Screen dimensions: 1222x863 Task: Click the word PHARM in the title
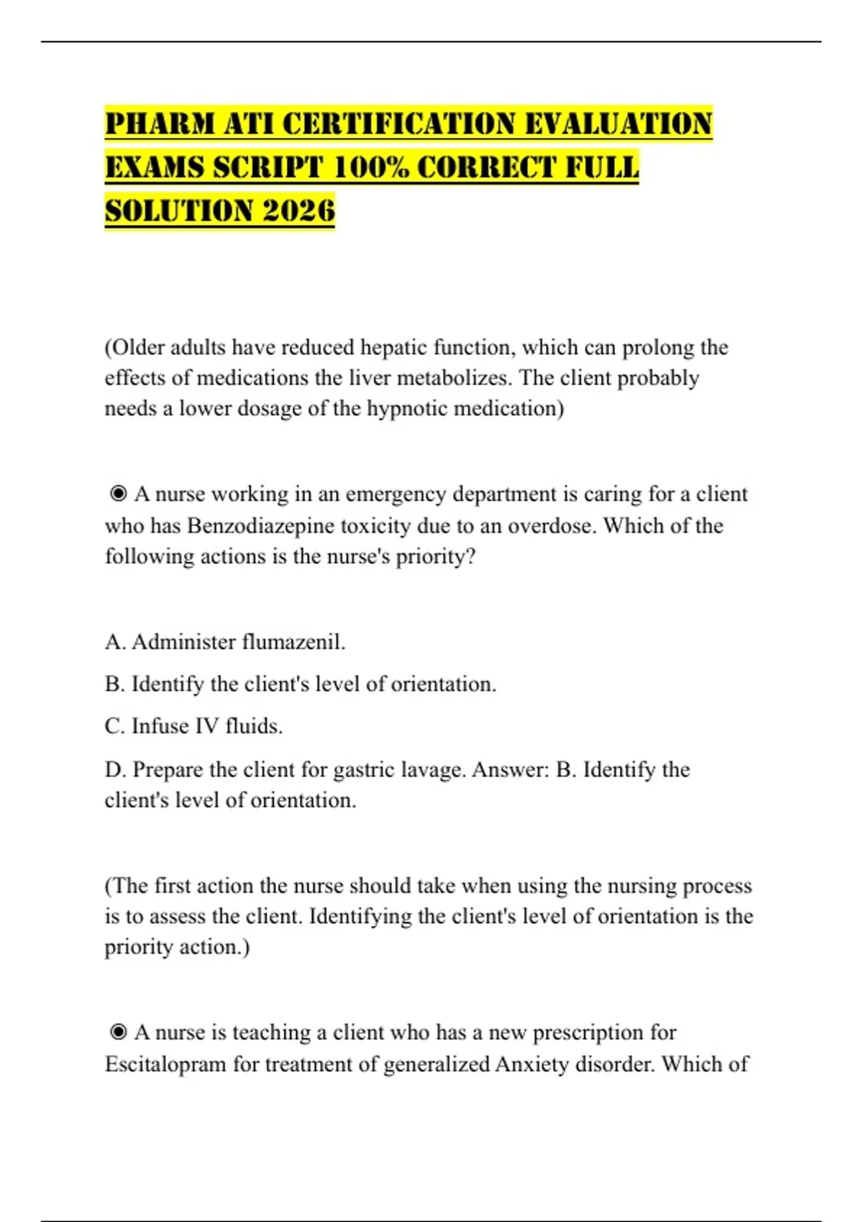coord(160,124)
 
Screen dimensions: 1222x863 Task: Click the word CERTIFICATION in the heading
coord(398,124)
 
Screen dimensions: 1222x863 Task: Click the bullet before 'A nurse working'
coord(118,494)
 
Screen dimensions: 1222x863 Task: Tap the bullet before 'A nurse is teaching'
coord(118,1032)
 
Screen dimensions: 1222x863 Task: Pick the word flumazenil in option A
coord(293,641)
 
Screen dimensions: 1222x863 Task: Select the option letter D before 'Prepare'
coord(114,770)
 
